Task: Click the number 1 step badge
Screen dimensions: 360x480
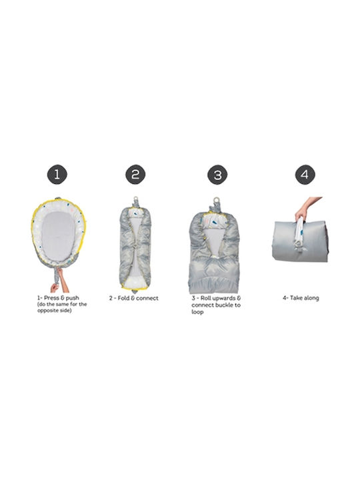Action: (x=57, y=175)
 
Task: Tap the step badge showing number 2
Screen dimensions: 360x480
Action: (x=135, y=175)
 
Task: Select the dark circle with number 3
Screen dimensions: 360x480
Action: (x=217, y=175)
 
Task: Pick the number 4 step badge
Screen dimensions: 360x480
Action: (x=305, y=175)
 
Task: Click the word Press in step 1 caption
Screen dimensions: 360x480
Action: (x=52, y=298)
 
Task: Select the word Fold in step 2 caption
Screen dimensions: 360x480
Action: (x=124, y=298)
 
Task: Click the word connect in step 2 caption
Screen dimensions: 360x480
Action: (x=147, y=298)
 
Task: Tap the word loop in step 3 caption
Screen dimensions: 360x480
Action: (x=197, y=312)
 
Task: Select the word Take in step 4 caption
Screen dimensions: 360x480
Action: (x=296, y=298)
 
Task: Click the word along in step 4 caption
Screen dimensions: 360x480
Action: (x=311, y=298)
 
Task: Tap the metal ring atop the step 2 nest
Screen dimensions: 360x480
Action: (x=135, y=199)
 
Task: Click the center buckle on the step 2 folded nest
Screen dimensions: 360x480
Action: (x=134, y=245)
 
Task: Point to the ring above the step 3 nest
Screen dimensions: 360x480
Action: (x=217, y=199)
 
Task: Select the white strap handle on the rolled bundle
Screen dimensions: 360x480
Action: (x=299, y=232)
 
